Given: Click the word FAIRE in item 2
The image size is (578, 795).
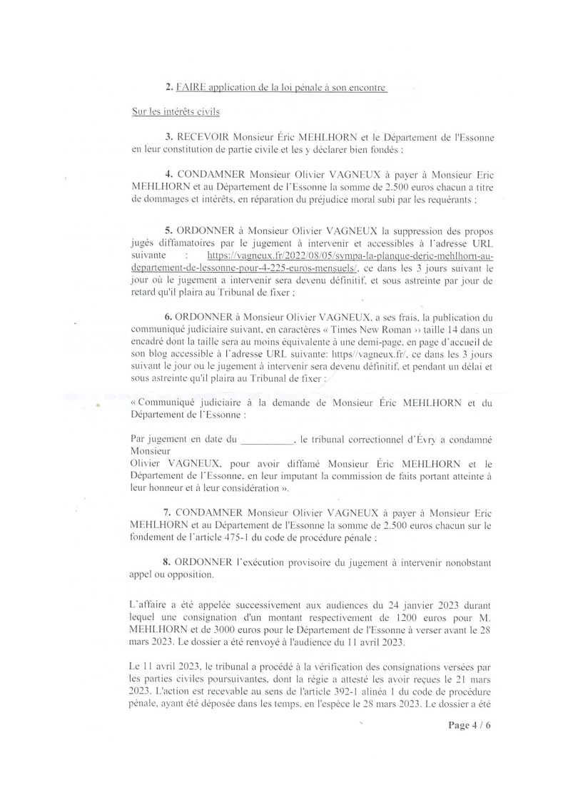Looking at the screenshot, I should point(191,88).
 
